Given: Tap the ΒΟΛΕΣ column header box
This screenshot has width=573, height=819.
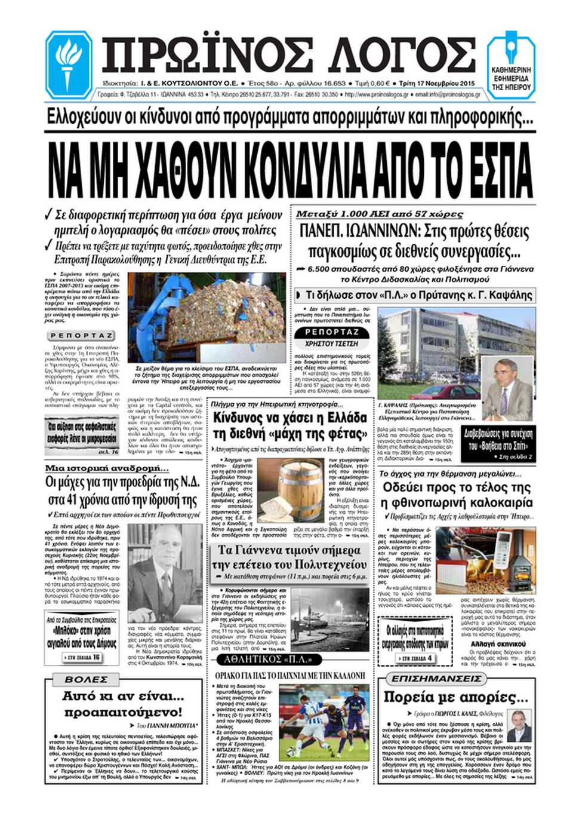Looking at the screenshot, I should [x=87, y=680].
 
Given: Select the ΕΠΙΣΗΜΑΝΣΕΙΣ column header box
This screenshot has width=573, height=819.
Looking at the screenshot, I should [x=436, y=679].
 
